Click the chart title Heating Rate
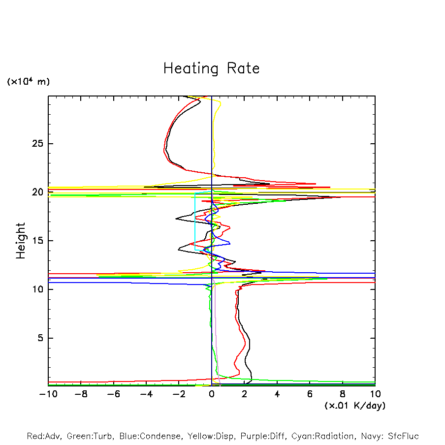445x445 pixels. point(211,68)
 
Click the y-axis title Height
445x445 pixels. point(21,241)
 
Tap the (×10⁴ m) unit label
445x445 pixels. point(28,82)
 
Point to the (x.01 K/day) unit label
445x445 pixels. point(355,406)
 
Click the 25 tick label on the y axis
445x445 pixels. point(38,144)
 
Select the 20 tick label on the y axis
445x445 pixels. point(38,192)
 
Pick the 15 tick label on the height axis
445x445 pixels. point(38,241)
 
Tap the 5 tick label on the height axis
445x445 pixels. point(41,338)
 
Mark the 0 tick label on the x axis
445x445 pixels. point(212,394)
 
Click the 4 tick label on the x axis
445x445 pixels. point(277,394)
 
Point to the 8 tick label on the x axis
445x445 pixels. point(343,394)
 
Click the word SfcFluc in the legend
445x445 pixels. point(402,436)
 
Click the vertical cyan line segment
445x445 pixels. point(195,222)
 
